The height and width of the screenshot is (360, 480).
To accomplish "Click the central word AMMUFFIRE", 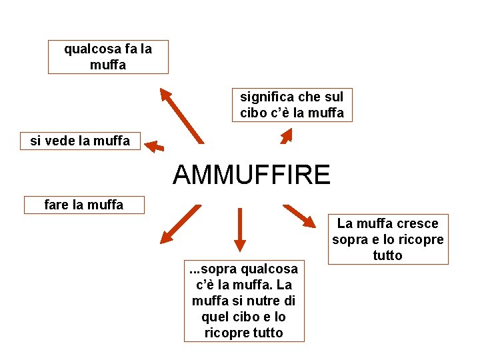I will point(251,175).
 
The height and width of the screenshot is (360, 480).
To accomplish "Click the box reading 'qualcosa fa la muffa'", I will point(108,57).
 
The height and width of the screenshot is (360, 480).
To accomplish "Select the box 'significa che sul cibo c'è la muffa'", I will point(292,105).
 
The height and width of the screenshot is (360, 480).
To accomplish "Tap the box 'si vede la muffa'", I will point(80,141).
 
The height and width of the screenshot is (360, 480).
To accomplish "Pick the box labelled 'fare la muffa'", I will point(83,205).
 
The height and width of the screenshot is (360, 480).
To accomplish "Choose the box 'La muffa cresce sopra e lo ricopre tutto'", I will point(387,239).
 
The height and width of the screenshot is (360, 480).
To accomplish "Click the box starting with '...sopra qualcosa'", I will point(244,301).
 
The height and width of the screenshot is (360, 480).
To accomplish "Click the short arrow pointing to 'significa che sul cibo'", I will point(287,136).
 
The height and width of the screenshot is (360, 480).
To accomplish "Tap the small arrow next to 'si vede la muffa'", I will point(155,146).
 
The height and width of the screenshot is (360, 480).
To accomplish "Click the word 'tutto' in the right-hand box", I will point(387,255).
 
